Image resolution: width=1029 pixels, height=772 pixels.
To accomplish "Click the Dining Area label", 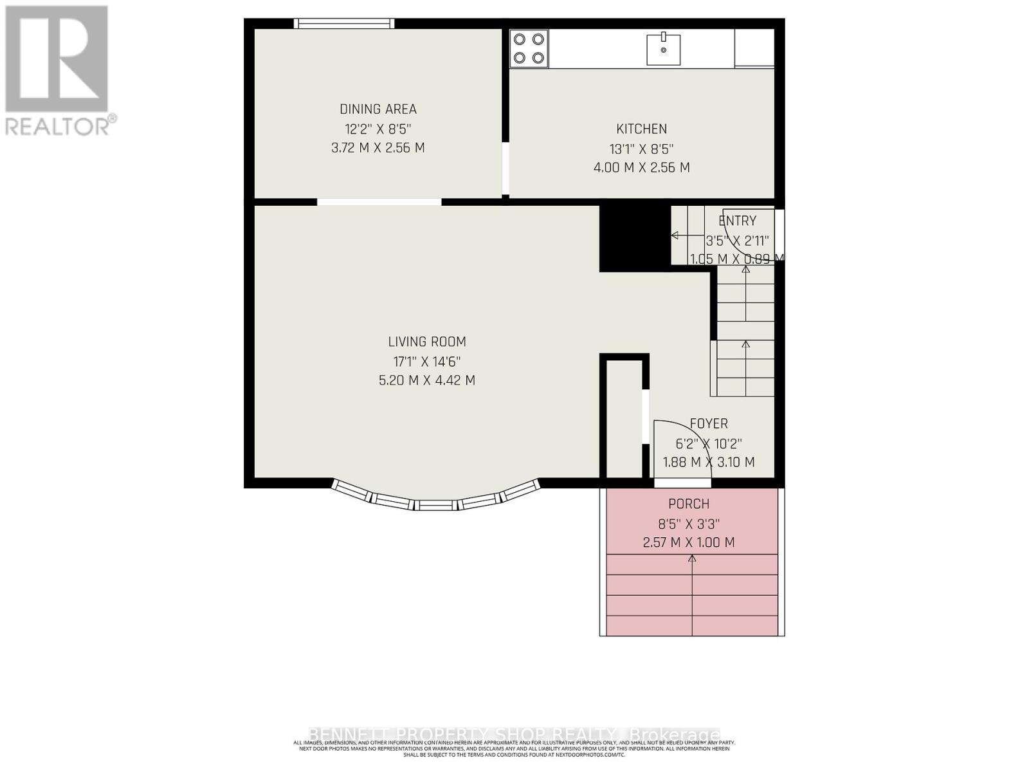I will pyautogui.click(x=378, y=109).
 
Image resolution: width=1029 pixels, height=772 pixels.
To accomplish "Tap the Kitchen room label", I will pyautogui.click(x=641, y=129).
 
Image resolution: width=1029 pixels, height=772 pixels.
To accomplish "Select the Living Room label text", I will pyautogui.click(x=426, y=342).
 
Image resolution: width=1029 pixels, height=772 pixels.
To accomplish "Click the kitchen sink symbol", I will pyautogui.click(x=663, y=49).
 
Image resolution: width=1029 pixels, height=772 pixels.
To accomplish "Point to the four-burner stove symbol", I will pyautogui.click(x=529, y=49).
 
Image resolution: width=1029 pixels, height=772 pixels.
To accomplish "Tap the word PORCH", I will pyautogui.click(x=689, y=504).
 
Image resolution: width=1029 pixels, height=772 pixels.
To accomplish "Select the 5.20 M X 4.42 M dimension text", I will pyautogui.click(x=426, y=380).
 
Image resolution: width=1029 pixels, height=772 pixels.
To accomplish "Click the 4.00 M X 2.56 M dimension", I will pyautogui.click(x=641, y=168).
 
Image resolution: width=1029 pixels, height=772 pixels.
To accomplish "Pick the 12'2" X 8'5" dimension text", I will pyautogui.click(x=378, y=129).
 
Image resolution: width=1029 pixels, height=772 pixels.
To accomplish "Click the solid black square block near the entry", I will pyautogui.click(x=631, y=238).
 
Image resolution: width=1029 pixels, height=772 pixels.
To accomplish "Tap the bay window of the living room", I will pyautogui.click(x=435, y=499).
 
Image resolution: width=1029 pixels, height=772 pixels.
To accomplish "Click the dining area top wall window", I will pyautogui.click(x=344, y=24).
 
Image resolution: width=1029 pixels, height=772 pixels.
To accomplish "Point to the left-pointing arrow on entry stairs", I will pyautogui.click(x=675, y=235).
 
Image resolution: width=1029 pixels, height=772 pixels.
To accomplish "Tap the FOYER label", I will pyautogui.click(x=709, y=423).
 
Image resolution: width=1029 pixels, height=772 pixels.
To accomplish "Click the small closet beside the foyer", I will pyautogui.click(x=624, y=418).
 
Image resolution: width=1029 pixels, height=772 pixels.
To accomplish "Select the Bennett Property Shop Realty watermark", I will pyautogui.click(x=514, y=734).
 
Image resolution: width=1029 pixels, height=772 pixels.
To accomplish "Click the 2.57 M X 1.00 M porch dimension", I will pyautogui.click(x=689, y=542).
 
